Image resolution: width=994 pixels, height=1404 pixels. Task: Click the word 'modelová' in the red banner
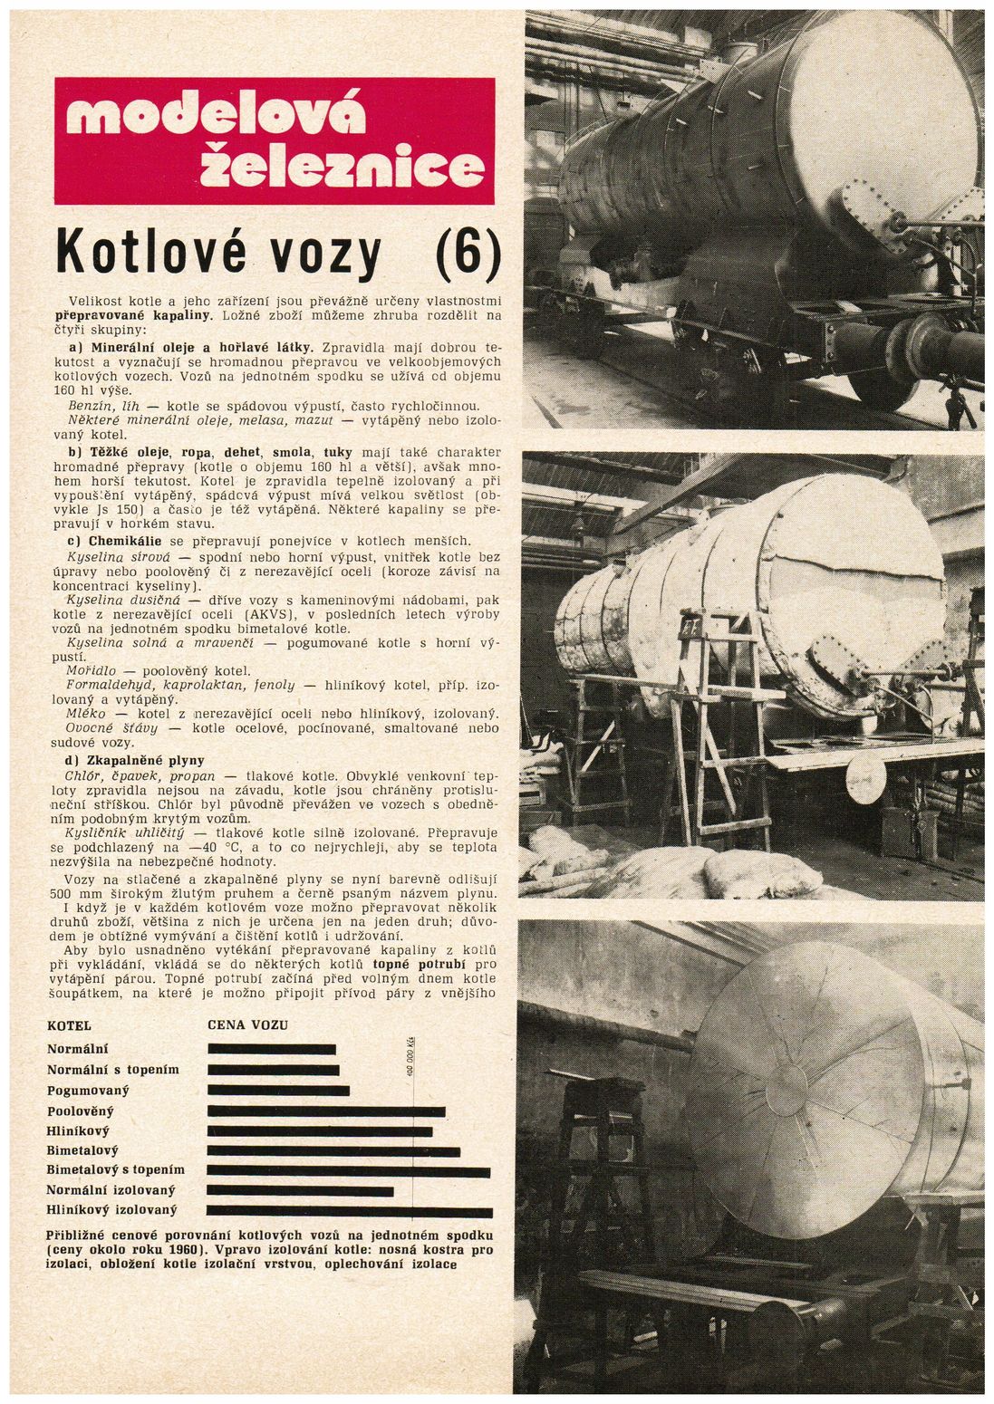pyautogui.click(x=215, y=116)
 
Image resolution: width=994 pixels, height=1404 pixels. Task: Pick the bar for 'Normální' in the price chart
pyautogui.click(x=272, y=1049)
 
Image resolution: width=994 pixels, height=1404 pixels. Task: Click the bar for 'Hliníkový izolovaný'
pyautogui.click(x=350, y=1211)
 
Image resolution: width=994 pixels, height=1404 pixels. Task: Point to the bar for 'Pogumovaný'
pyautogui.click(x=269, y=1090)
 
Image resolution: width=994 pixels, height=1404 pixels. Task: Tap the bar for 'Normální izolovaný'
pyautogui.click(x=300, y=1190)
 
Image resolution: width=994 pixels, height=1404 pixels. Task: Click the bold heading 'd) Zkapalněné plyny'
pyautogui.click(x=136, y=760)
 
